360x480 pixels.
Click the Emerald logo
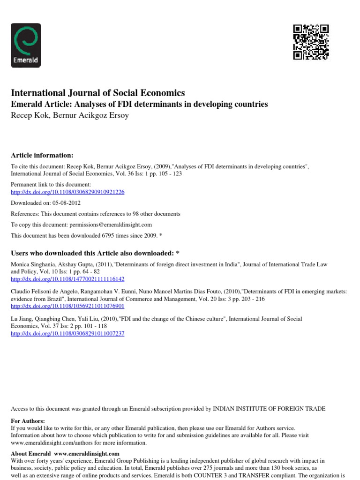pyautogui.click(x=26, y=45)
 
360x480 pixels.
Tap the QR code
pyautogui.click(x=311, y=42)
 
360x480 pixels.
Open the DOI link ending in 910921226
pyautogui.click(x=67, y=192)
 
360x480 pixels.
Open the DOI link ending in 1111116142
pyautogui.click(x=67, y=279)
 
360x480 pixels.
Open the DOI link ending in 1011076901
pyautogui.click(x=67, y=306)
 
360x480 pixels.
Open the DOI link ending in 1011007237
pyautogui.click(x=67, y=333)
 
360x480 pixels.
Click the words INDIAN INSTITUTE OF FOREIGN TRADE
pyautogui.click(x=269, y=409)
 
